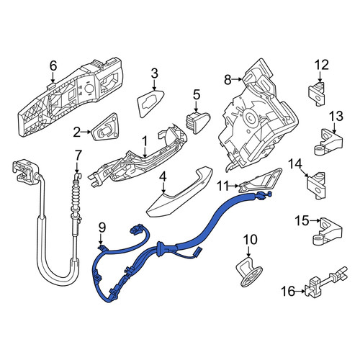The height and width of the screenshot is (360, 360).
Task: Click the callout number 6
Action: click(x=53, y=66)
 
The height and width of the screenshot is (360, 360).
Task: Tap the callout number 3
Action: click(x=154, y=73)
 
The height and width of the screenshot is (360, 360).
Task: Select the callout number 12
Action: click(x=322, y=65)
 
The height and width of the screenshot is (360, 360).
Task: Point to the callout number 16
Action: click(x=288, y=292)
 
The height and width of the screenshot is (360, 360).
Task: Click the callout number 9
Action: click(x=102, y=228)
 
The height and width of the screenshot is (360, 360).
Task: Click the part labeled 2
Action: click(x=107, y=127)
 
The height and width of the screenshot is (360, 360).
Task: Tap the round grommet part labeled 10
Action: click(x=248, y=271)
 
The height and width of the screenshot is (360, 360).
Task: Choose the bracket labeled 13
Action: click(x=328, y=142)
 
